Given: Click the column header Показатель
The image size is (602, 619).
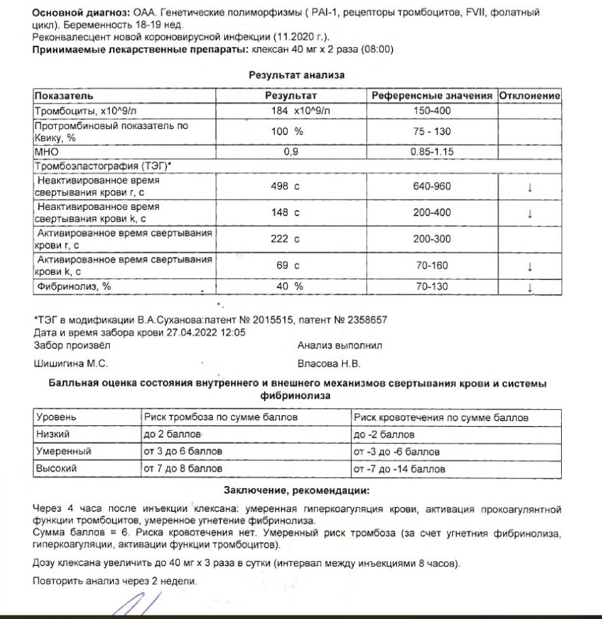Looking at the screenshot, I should pos(64,96).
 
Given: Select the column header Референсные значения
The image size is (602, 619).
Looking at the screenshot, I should pos(432,96).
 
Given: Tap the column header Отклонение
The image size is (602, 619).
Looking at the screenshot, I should pos(530,96).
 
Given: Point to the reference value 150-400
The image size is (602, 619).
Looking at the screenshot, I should pos(432,110).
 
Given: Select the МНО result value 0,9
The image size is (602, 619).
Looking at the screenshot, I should pos(291,152).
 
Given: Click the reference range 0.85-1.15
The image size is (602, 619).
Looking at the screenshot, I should pos(432,152).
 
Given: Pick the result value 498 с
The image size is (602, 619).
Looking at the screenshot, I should pos(286,186).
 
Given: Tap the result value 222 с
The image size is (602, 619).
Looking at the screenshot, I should pos(286,239).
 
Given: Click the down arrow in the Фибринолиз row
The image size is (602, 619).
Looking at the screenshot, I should pos(530,287).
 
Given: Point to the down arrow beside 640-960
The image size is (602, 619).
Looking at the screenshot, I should pos(530,187).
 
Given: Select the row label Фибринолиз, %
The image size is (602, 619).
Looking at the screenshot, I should pos(73,286).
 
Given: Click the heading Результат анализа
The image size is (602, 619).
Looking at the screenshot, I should pos(296,75).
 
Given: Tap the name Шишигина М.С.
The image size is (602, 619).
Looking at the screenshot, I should pos(71,363).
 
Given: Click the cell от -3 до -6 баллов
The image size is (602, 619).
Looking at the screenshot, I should pos(396,451).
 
